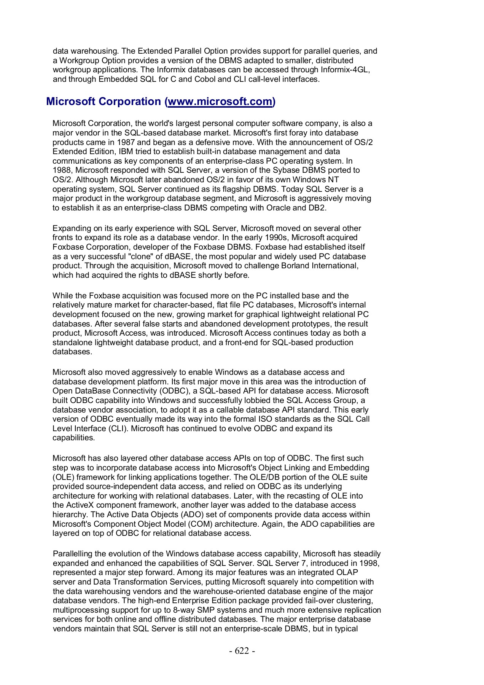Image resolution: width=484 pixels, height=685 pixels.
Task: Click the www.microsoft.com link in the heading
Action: tap(220, 102)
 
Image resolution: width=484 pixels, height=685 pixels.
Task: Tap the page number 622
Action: tap(242, 651)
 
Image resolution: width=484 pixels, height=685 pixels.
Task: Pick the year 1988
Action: tap(61, 170)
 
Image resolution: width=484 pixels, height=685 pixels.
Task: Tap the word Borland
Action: tap(295, 266)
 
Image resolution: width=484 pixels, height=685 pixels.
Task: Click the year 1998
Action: tap(370, 563)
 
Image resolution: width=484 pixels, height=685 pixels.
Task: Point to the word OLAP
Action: tap(347, 572)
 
